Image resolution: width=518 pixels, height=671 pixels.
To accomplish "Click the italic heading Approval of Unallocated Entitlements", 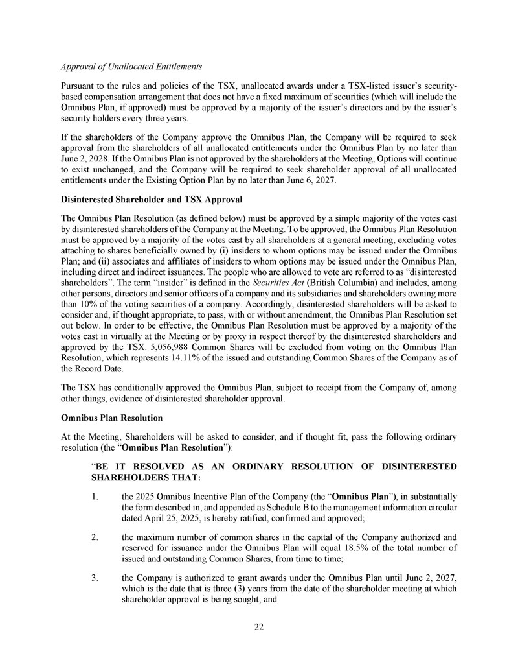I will click(x=131, y=67).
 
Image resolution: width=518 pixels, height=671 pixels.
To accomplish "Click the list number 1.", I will click(x=95, y=497).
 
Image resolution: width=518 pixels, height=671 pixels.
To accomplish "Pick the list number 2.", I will click(x=95, y=537).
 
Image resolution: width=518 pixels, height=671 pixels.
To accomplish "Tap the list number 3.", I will click(x=95, y=578).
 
